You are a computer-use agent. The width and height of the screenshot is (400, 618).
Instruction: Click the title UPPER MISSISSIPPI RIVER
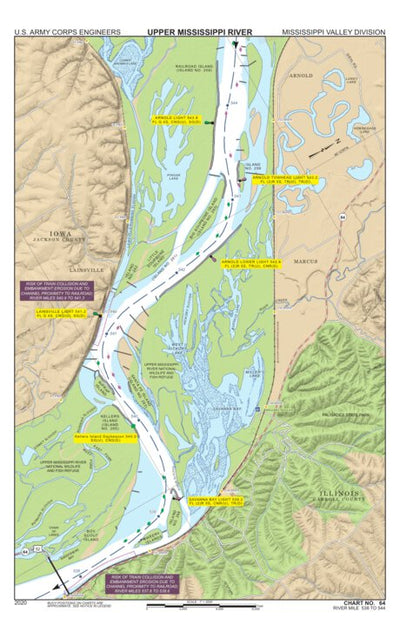click(x=199, y=31)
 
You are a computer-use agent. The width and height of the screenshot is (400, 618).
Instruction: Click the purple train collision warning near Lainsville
click(x=60, y=290)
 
